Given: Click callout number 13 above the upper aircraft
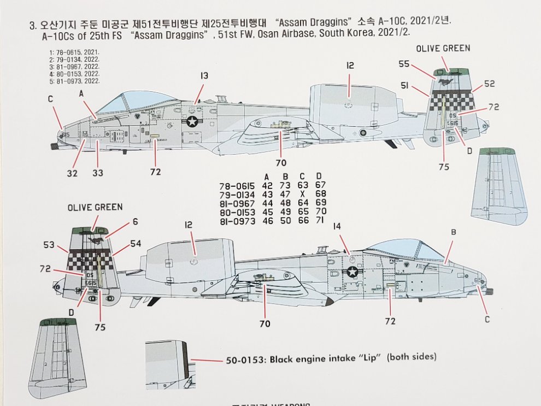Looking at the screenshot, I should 203,76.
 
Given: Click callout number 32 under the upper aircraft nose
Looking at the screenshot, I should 73,173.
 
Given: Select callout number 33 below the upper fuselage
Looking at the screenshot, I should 98,173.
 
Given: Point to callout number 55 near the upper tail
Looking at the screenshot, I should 404,64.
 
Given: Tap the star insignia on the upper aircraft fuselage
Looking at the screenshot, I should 192,122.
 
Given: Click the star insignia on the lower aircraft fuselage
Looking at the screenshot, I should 353,272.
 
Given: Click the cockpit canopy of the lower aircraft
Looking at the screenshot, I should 404,250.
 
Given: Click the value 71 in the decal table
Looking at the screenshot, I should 320,220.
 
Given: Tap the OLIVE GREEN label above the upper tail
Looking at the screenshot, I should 443,49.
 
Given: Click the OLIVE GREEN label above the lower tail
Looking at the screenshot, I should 95,207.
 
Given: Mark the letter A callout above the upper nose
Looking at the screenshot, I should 81,93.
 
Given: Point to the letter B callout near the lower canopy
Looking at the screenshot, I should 452,233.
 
